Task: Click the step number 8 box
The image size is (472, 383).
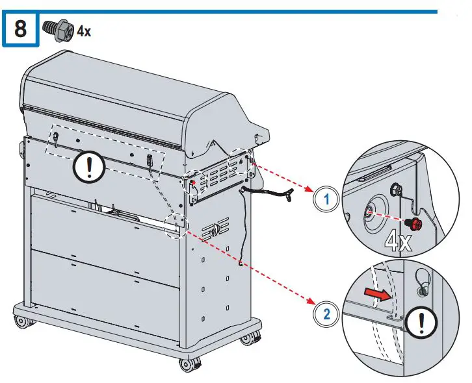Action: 20,30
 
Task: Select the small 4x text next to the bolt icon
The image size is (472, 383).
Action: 84,31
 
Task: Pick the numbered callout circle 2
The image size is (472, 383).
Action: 326,315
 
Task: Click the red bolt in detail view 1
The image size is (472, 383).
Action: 412,224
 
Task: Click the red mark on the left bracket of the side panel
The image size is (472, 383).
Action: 192,182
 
